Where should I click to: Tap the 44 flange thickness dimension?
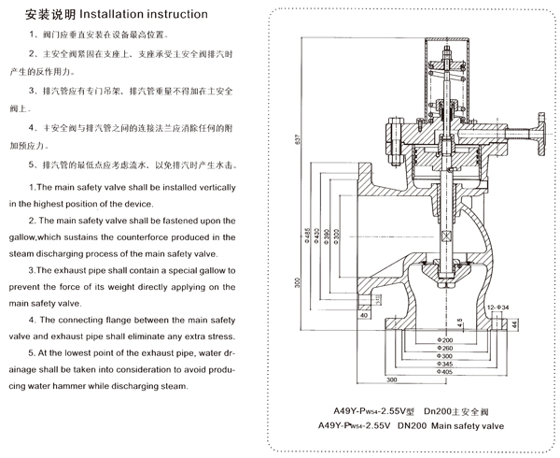(516, 325)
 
